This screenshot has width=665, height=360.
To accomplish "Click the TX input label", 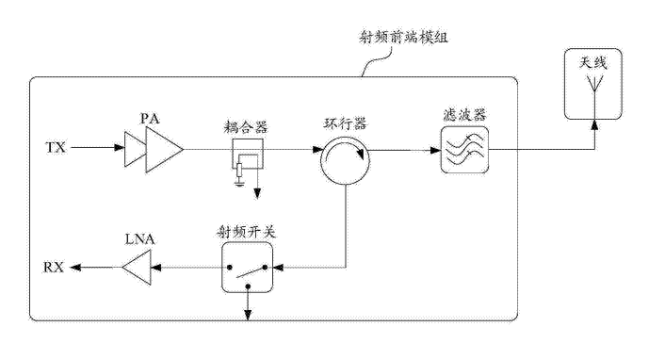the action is coord(56,148).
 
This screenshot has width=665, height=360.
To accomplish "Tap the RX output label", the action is coord(54,268).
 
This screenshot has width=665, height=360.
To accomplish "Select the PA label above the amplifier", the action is coord(150,119).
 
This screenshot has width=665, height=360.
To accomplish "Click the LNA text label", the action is coord(139,239).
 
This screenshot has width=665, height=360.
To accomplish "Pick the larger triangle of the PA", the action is coord(164,150).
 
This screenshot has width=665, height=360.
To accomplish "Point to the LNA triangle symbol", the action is coord(137,268).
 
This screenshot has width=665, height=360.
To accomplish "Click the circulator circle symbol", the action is coord(345,160).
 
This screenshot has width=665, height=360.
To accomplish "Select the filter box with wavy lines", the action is coord(464,150).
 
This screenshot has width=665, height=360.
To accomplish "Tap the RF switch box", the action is coord(247,267).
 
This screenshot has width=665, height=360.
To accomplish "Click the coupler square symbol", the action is coord(247,154).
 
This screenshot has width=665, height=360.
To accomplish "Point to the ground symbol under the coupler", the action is coord(239,183).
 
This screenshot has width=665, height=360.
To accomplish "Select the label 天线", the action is coord(593,63).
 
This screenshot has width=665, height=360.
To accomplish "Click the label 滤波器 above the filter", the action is coord(464,115).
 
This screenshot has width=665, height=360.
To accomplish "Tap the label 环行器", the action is coord(345,124).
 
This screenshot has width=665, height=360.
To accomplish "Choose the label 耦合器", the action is coord(247,127).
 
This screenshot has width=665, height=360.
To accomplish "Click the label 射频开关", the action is coord(247,232).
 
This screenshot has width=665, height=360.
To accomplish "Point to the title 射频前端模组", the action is coord(403,38).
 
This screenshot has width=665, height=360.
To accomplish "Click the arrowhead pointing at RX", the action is coord(74,268).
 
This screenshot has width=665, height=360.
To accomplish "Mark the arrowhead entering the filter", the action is coord(435,150).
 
